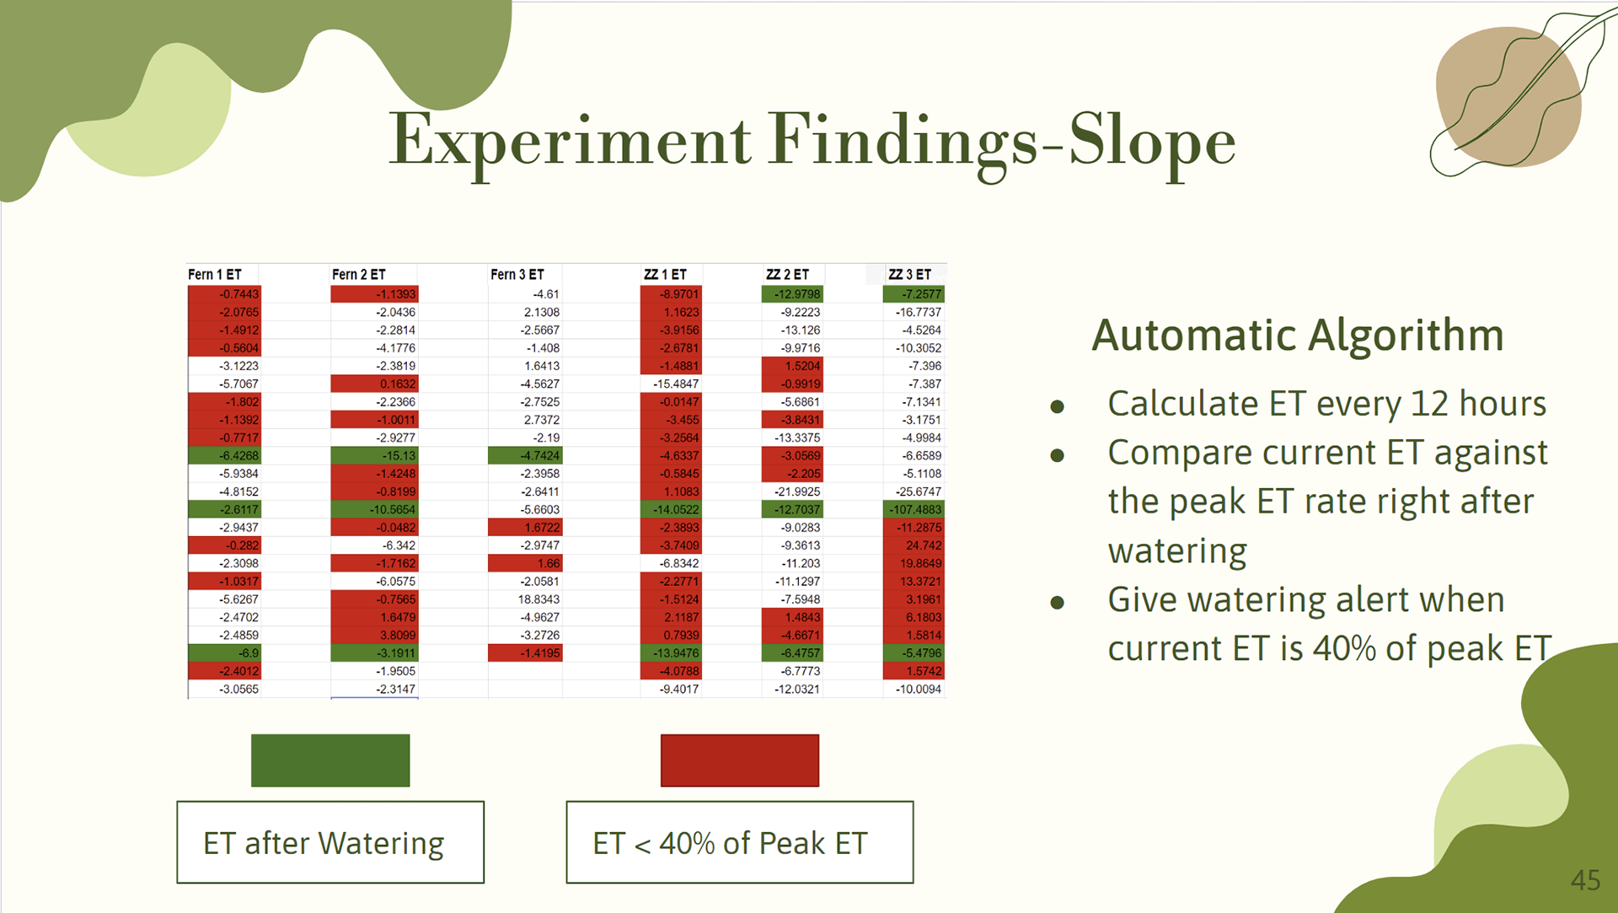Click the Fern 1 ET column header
[x=215, y=275]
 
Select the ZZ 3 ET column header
[x=909, y=275]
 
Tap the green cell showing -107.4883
[x=913, y=509]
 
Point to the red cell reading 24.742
[x=913, y=545]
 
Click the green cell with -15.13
[x=374, y=455]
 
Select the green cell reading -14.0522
[x=671, y=509]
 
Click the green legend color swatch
[x=330, y=760]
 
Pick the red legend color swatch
[x=740, y=760]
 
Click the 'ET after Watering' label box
[x=330, y=842]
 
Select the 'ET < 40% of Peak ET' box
[x=740, y=842]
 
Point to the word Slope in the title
[x=1152, y=142]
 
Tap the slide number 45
[x=1585, y=880]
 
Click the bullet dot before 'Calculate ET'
[x=1058, y=407]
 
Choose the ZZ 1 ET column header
[x=665, y=275]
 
